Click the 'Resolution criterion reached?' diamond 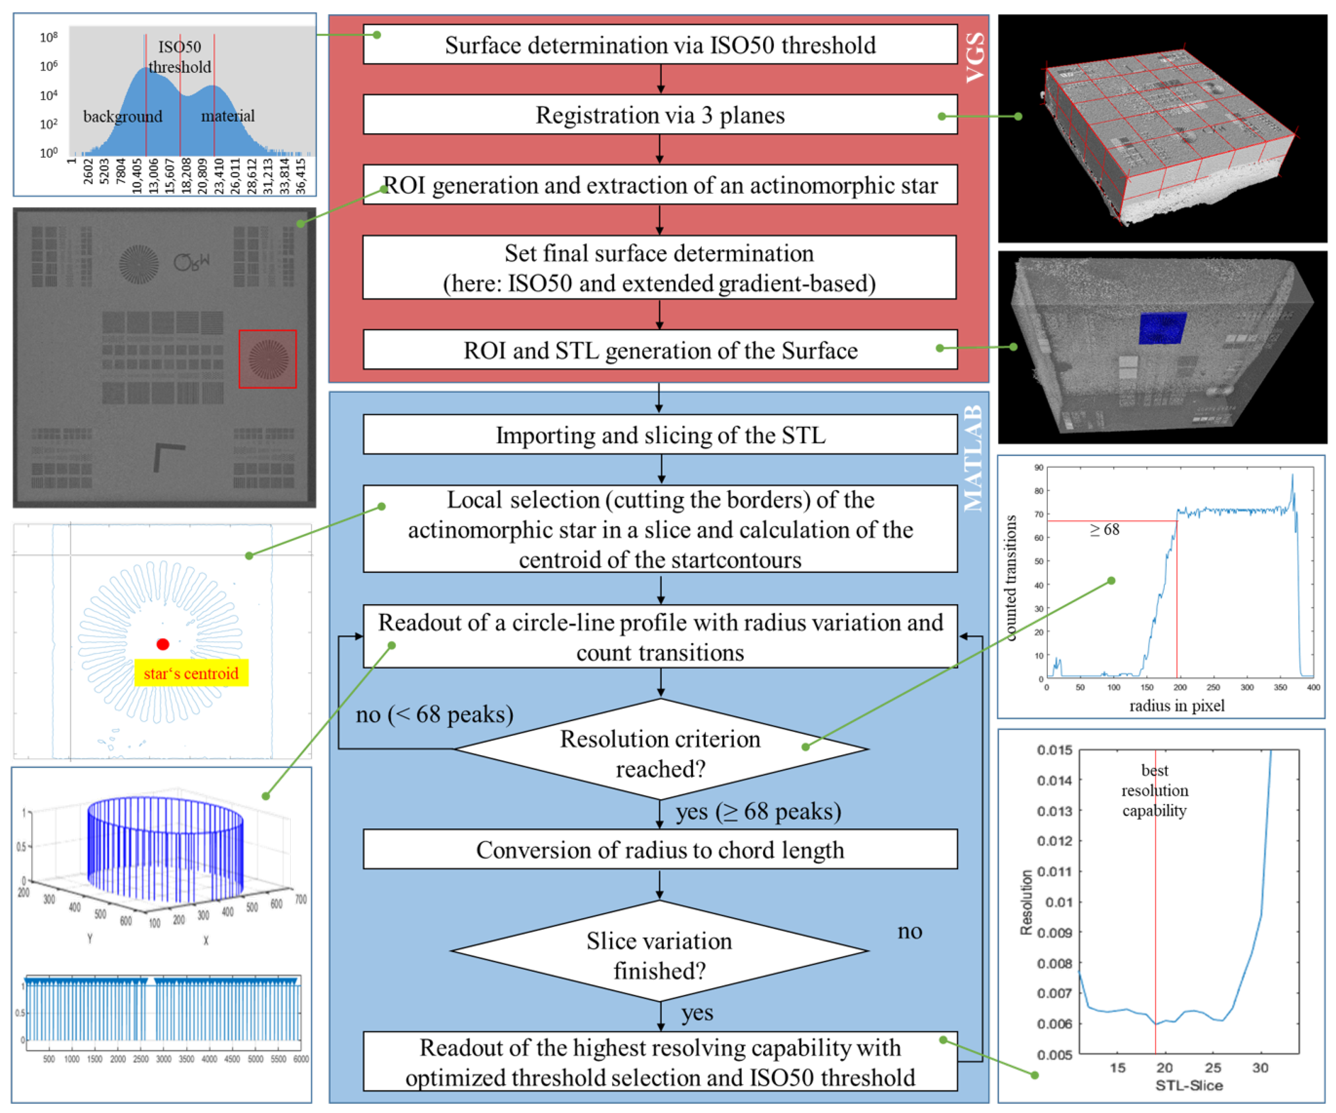660,753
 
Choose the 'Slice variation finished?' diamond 660,955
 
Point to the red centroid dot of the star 163,644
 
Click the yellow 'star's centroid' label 191,673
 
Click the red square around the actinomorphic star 267,359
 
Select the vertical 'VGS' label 975,57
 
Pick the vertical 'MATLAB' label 973,458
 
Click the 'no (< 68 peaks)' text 434,715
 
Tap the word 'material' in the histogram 228,116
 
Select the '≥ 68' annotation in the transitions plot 1105,529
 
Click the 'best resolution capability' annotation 1154,790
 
